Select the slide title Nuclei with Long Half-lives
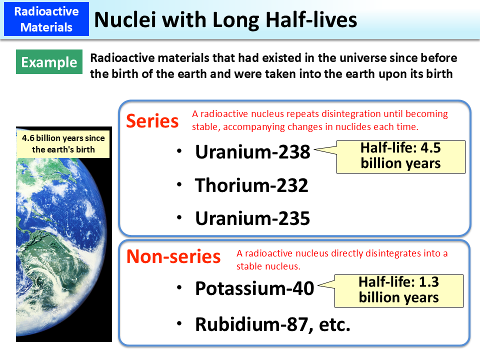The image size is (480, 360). pyautogui.click(x=225, y=19)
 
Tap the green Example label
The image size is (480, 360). pyautogui.click(x=49, y=62)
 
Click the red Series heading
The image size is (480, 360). pyautogui.click(x=152, y=121)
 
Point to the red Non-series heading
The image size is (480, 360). pyautogui.click(x=173, y=256)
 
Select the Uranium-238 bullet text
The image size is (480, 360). pyautogui.click(x=252, y=152)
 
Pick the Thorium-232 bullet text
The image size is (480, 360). pyautogui.click(x=251, y=185)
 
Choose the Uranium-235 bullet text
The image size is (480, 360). pyautogui.click(x=252, y=218)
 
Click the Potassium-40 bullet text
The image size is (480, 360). pyautogui.click(x=254, y=288)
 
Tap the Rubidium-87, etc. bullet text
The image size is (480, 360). pyautogui.click(x=272, y=324)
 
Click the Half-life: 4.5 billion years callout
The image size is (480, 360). pyautogui.click(x=400, y=156)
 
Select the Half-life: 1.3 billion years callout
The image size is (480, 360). pyautogui.click(x=398, y=290)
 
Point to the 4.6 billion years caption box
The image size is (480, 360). pyautogui.click(x=63, y=143)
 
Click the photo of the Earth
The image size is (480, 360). pyautogui.click(x=63, y=250)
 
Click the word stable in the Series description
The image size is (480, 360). pyautogui.click(x=205, y=126)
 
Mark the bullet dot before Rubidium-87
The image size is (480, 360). pyautogui.click(x=179, y=324)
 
